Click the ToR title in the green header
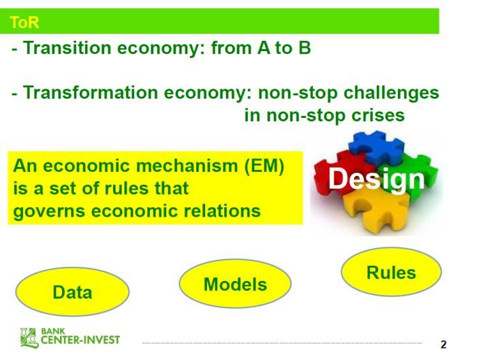(25, 22)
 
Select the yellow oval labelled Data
(72, 292)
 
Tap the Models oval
(235, 284)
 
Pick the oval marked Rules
(391, 272)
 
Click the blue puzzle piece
(377, 147)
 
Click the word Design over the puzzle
(377, 179)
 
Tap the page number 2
(444, 344)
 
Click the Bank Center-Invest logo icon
(29, 337)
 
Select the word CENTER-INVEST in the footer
(80, 340)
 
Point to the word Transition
(67, 48)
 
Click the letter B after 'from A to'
(304, 48)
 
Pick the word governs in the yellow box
(49, 212)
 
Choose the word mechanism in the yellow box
(187, 166)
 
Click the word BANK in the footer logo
(52, 331)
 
